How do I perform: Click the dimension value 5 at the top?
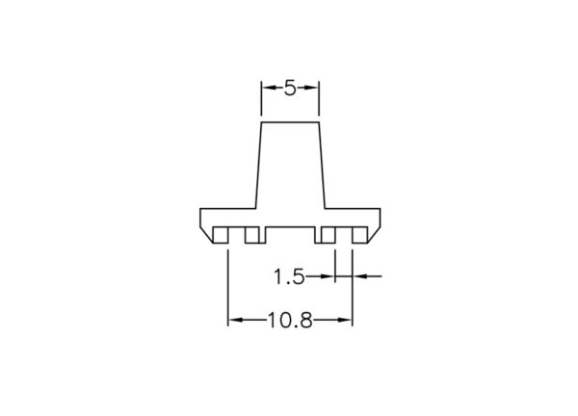click(x=290, y=89)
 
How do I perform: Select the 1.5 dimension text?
click(x=289, y=276)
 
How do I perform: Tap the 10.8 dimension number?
click(x=290, y=321)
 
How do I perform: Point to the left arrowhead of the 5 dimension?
click(x=268, y=88)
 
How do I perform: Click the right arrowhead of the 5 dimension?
click(x=312, y=88)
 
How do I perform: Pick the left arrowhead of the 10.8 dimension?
click(x=235, y=320)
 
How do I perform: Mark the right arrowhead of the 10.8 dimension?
click(x=346, y=320)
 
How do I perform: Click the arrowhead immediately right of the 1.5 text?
click(x=328, y=275)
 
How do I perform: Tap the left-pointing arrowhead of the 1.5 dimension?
click(x=359, y=275)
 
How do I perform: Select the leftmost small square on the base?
click(x=221, y=235)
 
